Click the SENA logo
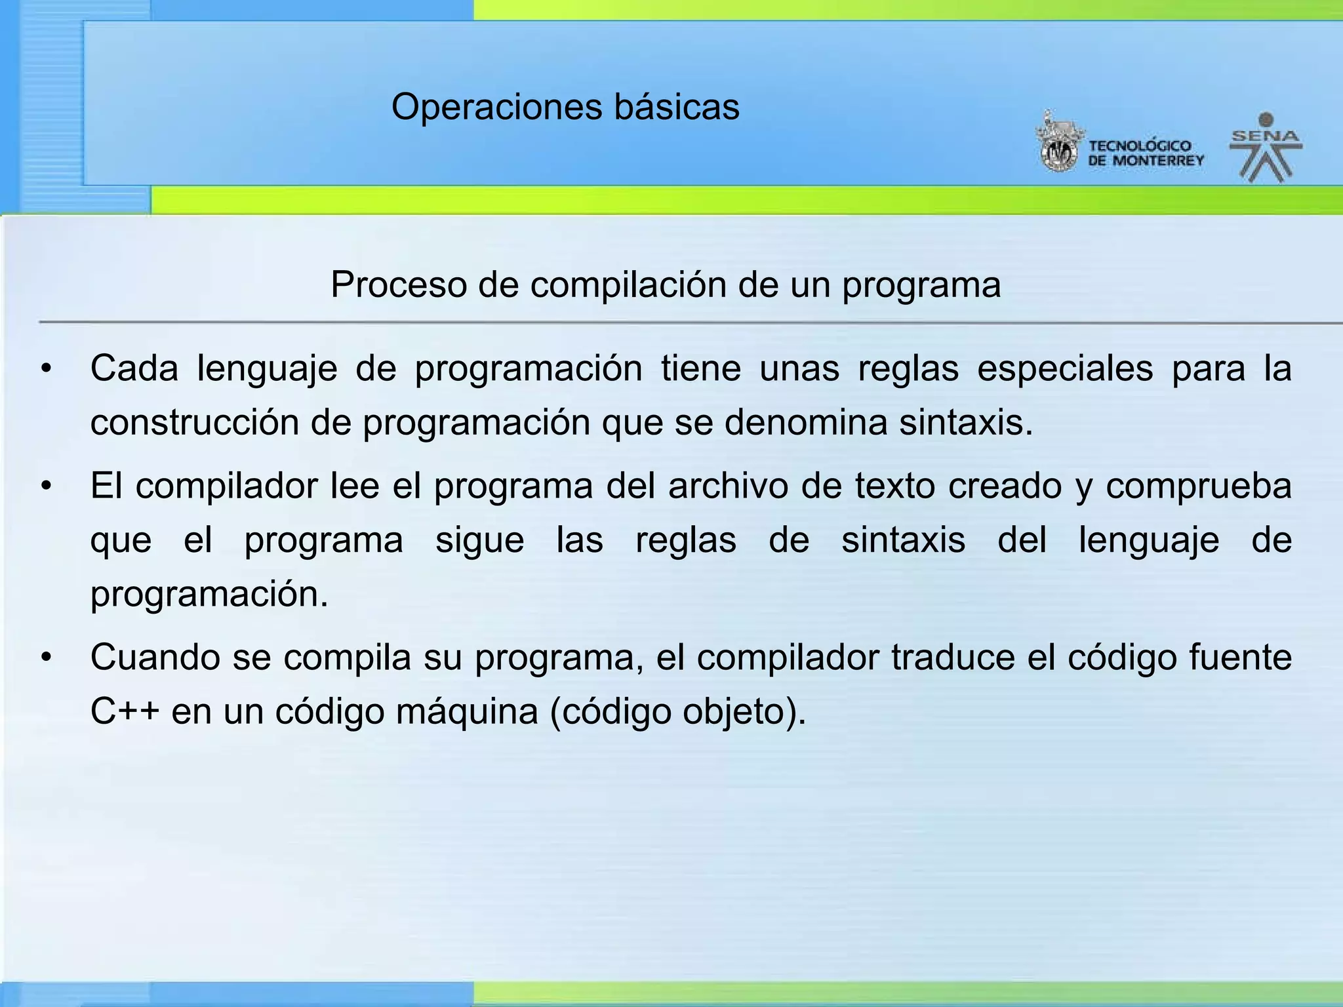pyautogui.click(x=1266, y=148)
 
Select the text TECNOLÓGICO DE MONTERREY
pyautogui.click(x=1146, y=153)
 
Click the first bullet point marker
pyautogui.click(x=45, y=370)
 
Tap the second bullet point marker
pyautogui.click(x=45, y=487)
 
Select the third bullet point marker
pyautogui.click(x=45, y=658)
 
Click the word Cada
pyautogui.click(x=134, y=368)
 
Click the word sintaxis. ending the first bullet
pyautogui.click(x=965, y=423)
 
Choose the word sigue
pyautogui.click(x=479, y=542)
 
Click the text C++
pyautogui.click(x=125, y=712)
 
